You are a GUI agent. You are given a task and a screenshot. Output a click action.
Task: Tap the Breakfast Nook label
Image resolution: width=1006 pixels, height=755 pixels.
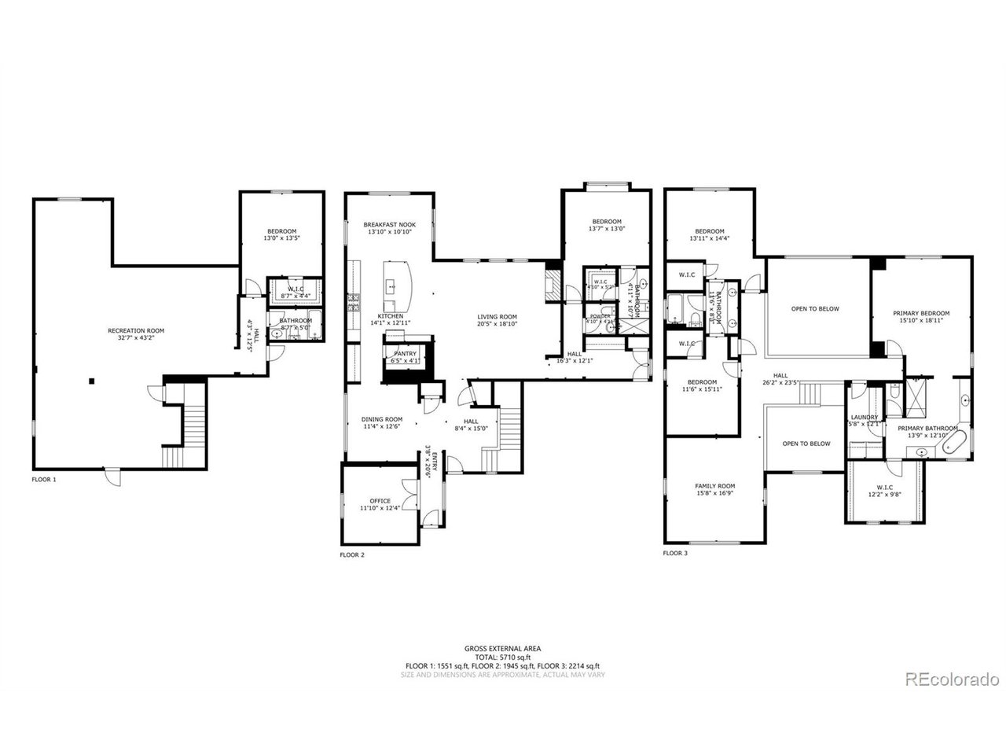(389, 224)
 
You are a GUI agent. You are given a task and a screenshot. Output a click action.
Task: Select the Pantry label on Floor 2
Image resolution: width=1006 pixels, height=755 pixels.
(405, 354)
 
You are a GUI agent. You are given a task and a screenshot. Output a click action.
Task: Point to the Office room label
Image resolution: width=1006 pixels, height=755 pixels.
(380, 500)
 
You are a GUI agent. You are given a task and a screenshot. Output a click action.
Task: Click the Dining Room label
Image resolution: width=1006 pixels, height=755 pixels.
(382, 419)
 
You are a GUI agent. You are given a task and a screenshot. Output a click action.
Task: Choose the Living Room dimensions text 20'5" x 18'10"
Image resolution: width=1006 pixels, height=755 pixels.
(497, 323)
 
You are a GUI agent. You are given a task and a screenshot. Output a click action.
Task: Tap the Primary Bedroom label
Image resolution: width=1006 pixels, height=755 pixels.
(921, 312)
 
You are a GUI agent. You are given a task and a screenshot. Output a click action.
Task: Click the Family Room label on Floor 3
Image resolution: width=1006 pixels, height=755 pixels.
(714, 486)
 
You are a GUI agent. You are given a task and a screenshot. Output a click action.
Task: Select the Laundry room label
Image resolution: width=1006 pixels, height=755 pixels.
(864, 418)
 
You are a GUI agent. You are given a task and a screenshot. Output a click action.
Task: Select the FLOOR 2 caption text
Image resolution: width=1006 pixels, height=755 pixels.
(351, 555)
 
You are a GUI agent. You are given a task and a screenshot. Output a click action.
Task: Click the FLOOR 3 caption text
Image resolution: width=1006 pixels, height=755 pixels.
(675, 553)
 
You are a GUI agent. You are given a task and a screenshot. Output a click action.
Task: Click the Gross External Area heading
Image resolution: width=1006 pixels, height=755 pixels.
(502, 649)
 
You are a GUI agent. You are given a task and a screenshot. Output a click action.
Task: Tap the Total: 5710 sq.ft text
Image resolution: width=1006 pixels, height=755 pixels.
(502, 657)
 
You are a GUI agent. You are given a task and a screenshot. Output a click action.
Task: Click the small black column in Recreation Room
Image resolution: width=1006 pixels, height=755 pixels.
(92, 381)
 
